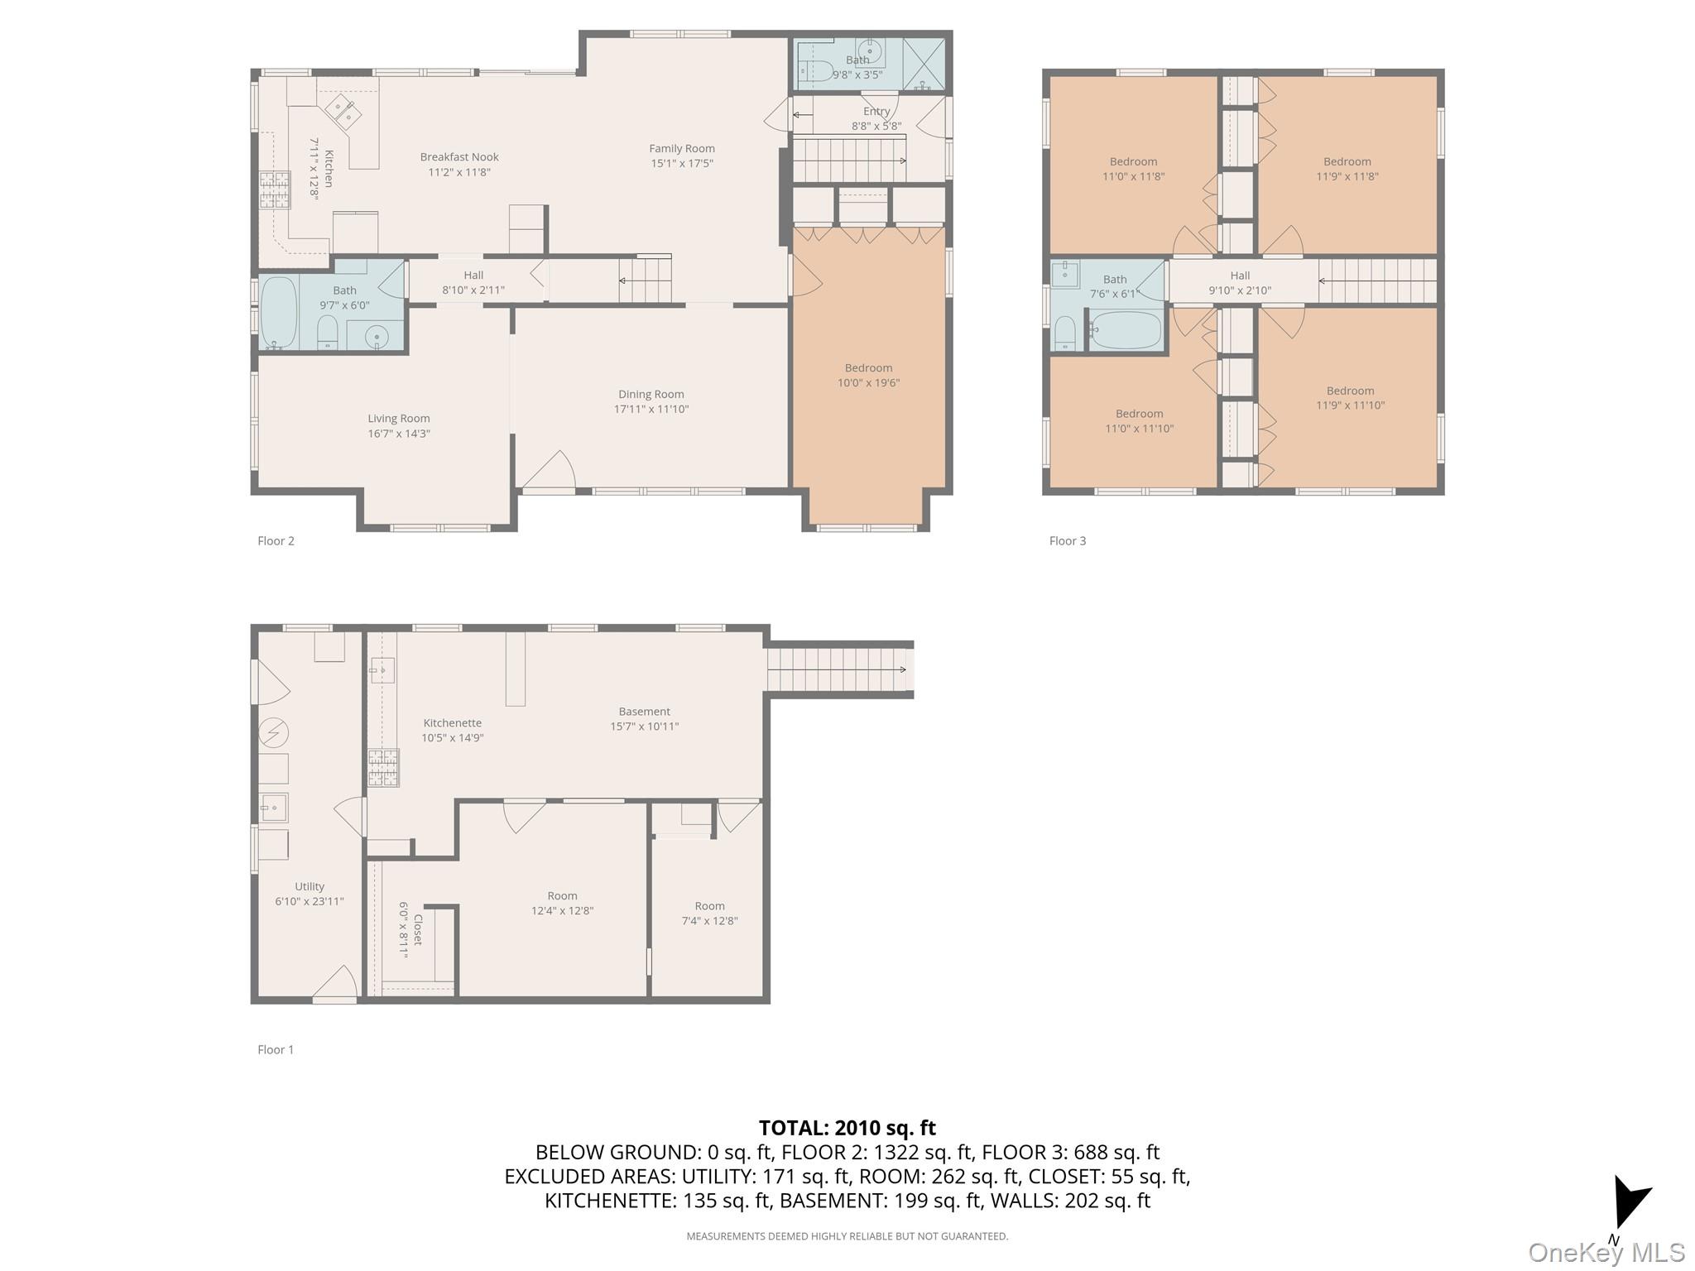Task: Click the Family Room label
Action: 681,149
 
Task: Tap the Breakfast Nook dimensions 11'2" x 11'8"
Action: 459,172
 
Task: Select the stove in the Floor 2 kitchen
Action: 274,189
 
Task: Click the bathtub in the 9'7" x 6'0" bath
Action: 279,312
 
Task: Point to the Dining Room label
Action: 651,395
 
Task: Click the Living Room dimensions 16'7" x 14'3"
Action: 398,434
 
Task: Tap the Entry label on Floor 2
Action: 876,112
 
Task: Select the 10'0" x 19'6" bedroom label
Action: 868,368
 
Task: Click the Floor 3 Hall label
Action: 1239,276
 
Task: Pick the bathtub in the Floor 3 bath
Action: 1125,330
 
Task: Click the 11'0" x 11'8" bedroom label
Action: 1133,162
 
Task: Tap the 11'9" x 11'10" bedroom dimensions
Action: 1350,405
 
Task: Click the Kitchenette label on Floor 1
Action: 452,723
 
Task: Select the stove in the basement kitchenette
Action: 384,767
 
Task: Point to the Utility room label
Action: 309,886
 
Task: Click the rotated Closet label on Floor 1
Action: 418,930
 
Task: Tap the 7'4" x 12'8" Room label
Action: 709,906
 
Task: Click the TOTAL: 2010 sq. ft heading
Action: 847,1128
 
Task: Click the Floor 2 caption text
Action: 276,541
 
